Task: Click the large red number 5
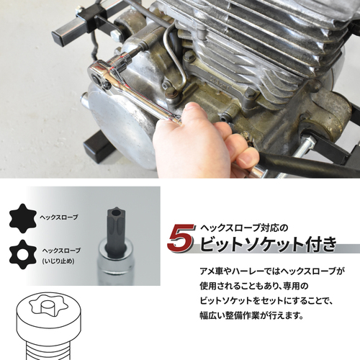tap(181, 238)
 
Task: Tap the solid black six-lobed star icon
tap(23, 218)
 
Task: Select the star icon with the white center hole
tap(23, 255)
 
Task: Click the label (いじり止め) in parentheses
tap(58, 261)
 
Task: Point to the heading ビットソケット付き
tap(268, 244)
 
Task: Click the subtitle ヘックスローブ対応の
tap(244, 228)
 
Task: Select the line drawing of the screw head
tap(48, 326)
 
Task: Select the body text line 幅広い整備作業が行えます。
tap(252, 315)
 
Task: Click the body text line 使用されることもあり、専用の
tap(253, 286)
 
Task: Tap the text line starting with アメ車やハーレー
tap(272, 271)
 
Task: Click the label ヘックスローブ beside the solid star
tap(59, 217)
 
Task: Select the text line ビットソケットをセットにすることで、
tap(266, 301)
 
